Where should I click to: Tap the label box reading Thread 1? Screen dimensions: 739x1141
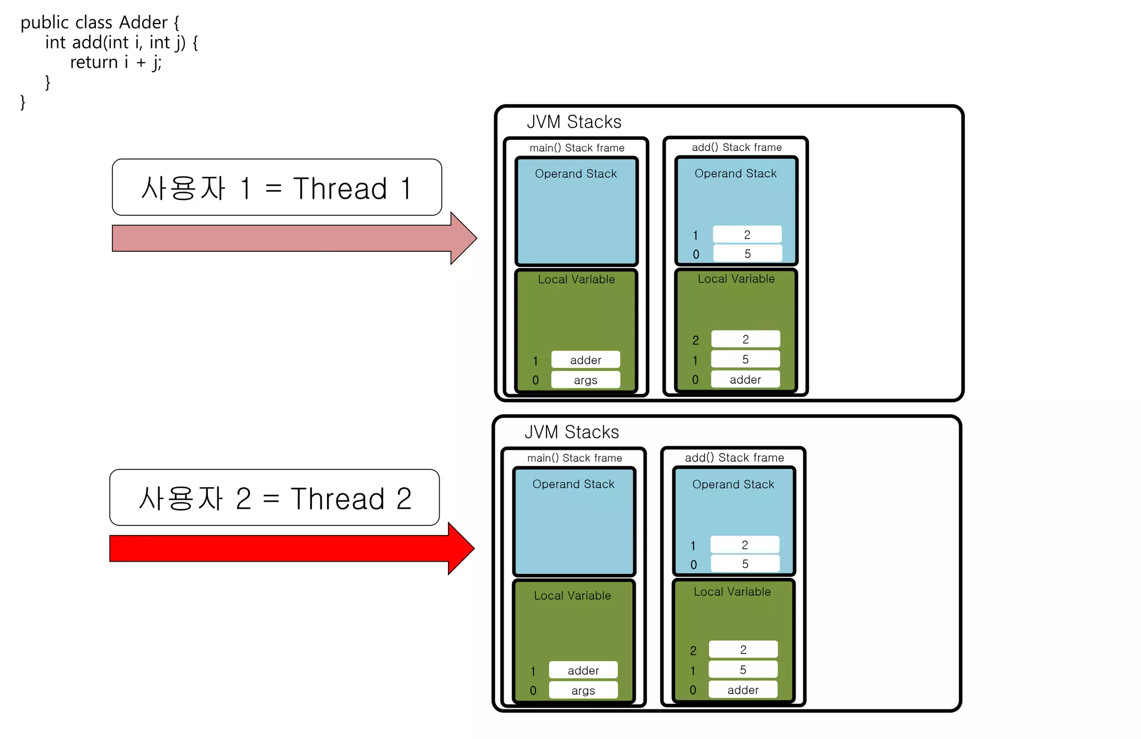(277, 188)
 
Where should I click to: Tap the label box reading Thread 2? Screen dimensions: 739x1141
(275, 498)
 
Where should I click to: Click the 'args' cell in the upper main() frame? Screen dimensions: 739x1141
(585, 380)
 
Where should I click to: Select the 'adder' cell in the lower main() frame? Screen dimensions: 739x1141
(583, 670)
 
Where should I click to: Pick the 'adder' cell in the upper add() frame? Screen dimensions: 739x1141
(745, 380)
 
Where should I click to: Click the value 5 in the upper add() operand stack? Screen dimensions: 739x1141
(747, 254)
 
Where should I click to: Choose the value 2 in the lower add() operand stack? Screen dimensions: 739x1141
(744, 544)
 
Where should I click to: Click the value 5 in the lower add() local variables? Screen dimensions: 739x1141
(743, 669)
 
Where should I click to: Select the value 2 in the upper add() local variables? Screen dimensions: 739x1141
(745, 339)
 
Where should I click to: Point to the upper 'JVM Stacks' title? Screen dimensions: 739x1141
(574, 121)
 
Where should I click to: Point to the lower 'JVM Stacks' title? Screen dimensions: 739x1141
(572, 432)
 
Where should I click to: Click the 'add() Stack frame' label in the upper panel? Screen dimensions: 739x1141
(737, 147)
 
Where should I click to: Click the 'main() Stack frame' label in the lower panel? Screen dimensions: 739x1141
(574, 458)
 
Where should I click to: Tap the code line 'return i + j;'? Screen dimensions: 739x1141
(116, 62)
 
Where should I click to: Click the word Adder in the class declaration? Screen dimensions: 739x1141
(143, 22)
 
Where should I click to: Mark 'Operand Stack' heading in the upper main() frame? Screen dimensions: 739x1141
(576, 174)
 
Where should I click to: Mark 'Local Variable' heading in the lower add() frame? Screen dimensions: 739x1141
(732, 592)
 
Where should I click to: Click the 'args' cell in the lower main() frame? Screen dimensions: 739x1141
(583, 691)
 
